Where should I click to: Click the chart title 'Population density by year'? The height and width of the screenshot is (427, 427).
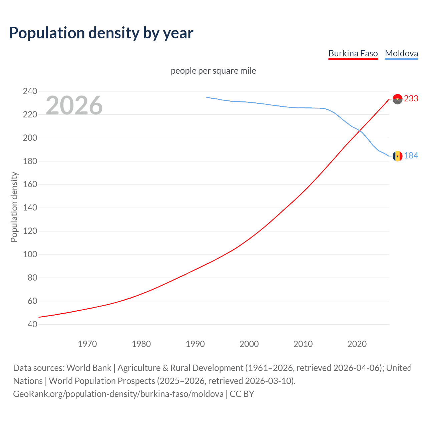101,33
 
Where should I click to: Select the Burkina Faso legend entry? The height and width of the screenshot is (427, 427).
353,53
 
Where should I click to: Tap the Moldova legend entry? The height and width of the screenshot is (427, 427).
401,53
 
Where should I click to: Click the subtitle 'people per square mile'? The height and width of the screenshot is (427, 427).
213,71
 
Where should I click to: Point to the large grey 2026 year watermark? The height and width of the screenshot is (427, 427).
74,105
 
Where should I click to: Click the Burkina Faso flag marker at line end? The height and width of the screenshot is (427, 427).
397,99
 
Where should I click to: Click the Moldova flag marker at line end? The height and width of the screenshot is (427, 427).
397,156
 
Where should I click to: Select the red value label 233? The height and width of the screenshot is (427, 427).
411,99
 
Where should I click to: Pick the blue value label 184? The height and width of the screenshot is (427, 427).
411,156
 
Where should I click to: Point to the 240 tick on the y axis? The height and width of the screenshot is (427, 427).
30,91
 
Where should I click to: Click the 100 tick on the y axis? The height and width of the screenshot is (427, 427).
30,254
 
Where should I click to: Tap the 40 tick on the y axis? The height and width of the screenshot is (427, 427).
32,324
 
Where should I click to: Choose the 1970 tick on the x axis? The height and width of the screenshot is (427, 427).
87,344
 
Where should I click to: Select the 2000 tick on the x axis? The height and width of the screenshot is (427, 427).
249,344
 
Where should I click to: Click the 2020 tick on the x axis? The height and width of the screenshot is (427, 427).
357,344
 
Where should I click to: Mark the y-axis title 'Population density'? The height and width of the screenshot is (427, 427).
14,207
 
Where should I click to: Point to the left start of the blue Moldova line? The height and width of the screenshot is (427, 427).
206,97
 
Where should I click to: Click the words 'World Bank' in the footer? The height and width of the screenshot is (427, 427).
89,368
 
